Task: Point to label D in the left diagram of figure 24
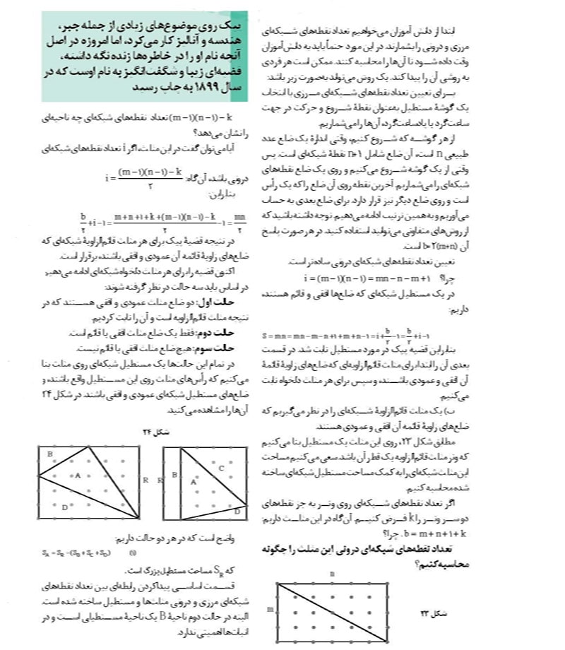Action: [64, 506]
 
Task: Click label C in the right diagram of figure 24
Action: [221, 467]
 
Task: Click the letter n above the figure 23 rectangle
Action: [332, 572]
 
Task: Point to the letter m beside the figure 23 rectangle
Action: [268, 607]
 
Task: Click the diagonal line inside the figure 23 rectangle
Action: [332, 608]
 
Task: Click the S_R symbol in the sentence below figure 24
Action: [222, 568]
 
